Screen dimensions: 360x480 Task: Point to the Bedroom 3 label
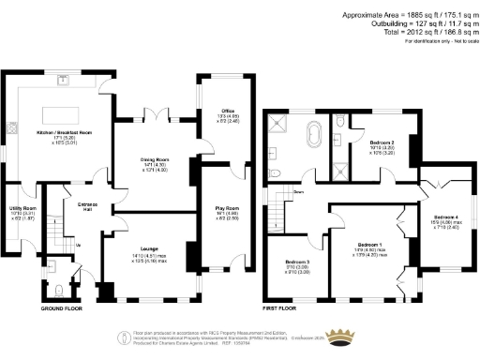coord(296,262)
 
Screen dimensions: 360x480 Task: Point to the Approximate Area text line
coord(411,14)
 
